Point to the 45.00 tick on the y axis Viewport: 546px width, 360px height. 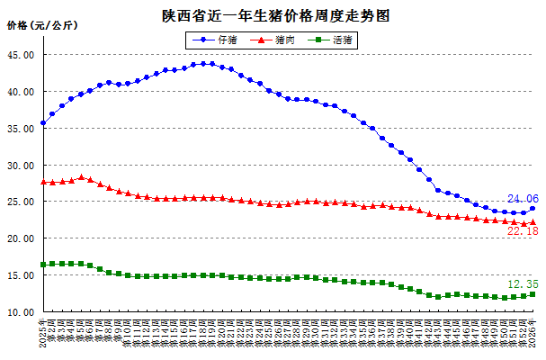21,55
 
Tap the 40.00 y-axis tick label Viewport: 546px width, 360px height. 21,92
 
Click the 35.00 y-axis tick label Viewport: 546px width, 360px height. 21,129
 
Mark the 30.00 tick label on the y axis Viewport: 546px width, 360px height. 21,166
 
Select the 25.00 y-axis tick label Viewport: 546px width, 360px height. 21,202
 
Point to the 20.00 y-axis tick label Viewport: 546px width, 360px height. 21,238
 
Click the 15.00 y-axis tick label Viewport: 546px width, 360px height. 21,275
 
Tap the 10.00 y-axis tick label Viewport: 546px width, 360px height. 21,312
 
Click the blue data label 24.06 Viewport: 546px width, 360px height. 523,199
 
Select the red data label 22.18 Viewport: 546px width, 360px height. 523,232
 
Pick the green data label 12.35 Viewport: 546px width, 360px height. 523,284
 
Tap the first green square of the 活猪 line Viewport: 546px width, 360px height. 43,265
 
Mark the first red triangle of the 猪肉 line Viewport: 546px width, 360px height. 43,182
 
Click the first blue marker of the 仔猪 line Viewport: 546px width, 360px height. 43,122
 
